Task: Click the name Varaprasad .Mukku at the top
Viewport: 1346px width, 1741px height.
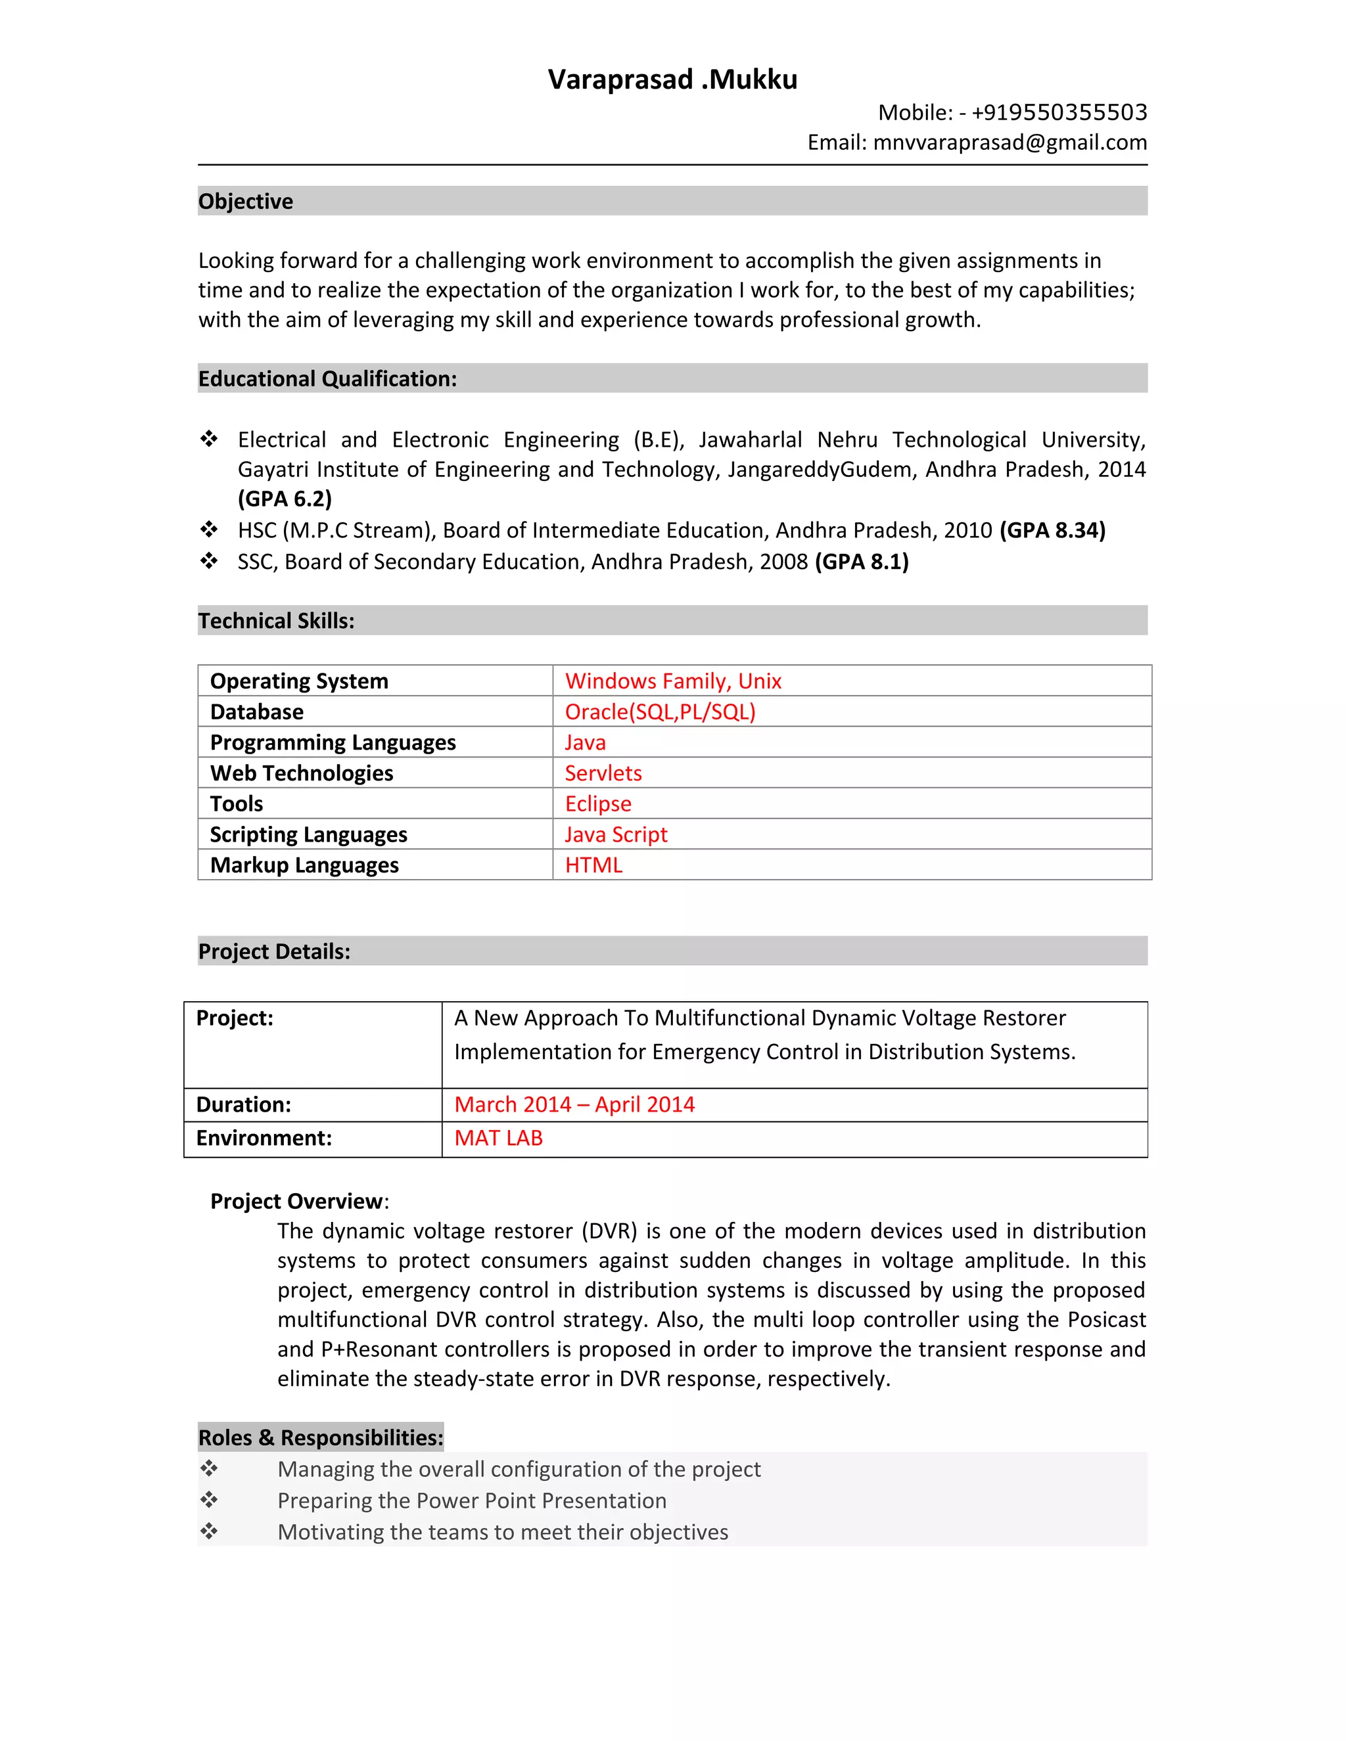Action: point(672,79)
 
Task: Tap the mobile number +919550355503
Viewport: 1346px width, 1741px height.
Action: point(1059,112)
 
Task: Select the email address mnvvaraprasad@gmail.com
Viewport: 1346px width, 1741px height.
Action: point(1009,143)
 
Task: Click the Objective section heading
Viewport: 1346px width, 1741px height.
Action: point(246,202)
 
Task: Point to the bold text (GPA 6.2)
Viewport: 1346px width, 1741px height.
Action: point(285,499)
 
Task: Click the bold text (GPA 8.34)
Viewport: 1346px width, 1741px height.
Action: point(1052,531)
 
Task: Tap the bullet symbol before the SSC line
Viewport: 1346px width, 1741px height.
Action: point(209,561)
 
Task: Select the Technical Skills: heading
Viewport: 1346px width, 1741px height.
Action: point(276,621)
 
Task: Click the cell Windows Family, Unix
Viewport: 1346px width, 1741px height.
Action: point(673,681)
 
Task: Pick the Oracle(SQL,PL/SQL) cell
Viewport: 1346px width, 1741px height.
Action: point(659,712)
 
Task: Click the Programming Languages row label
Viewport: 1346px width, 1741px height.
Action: point(333,743)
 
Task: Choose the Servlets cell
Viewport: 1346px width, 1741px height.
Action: point(603,773)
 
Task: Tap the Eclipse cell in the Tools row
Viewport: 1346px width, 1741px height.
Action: point(598,804)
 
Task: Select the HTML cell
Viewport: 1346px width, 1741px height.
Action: point(593,866)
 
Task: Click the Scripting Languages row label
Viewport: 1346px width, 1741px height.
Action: point(309,834)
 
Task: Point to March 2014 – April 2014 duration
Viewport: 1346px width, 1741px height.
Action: point(574,1105)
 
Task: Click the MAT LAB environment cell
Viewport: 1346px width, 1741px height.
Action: point(498,1139)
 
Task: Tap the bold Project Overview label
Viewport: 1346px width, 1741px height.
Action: point(296,1202)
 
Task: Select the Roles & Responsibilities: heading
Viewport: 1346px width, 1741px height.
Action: point(321,1438)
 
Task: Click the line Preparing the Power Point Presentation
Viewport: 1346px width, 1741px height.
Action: point(471,1501)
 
